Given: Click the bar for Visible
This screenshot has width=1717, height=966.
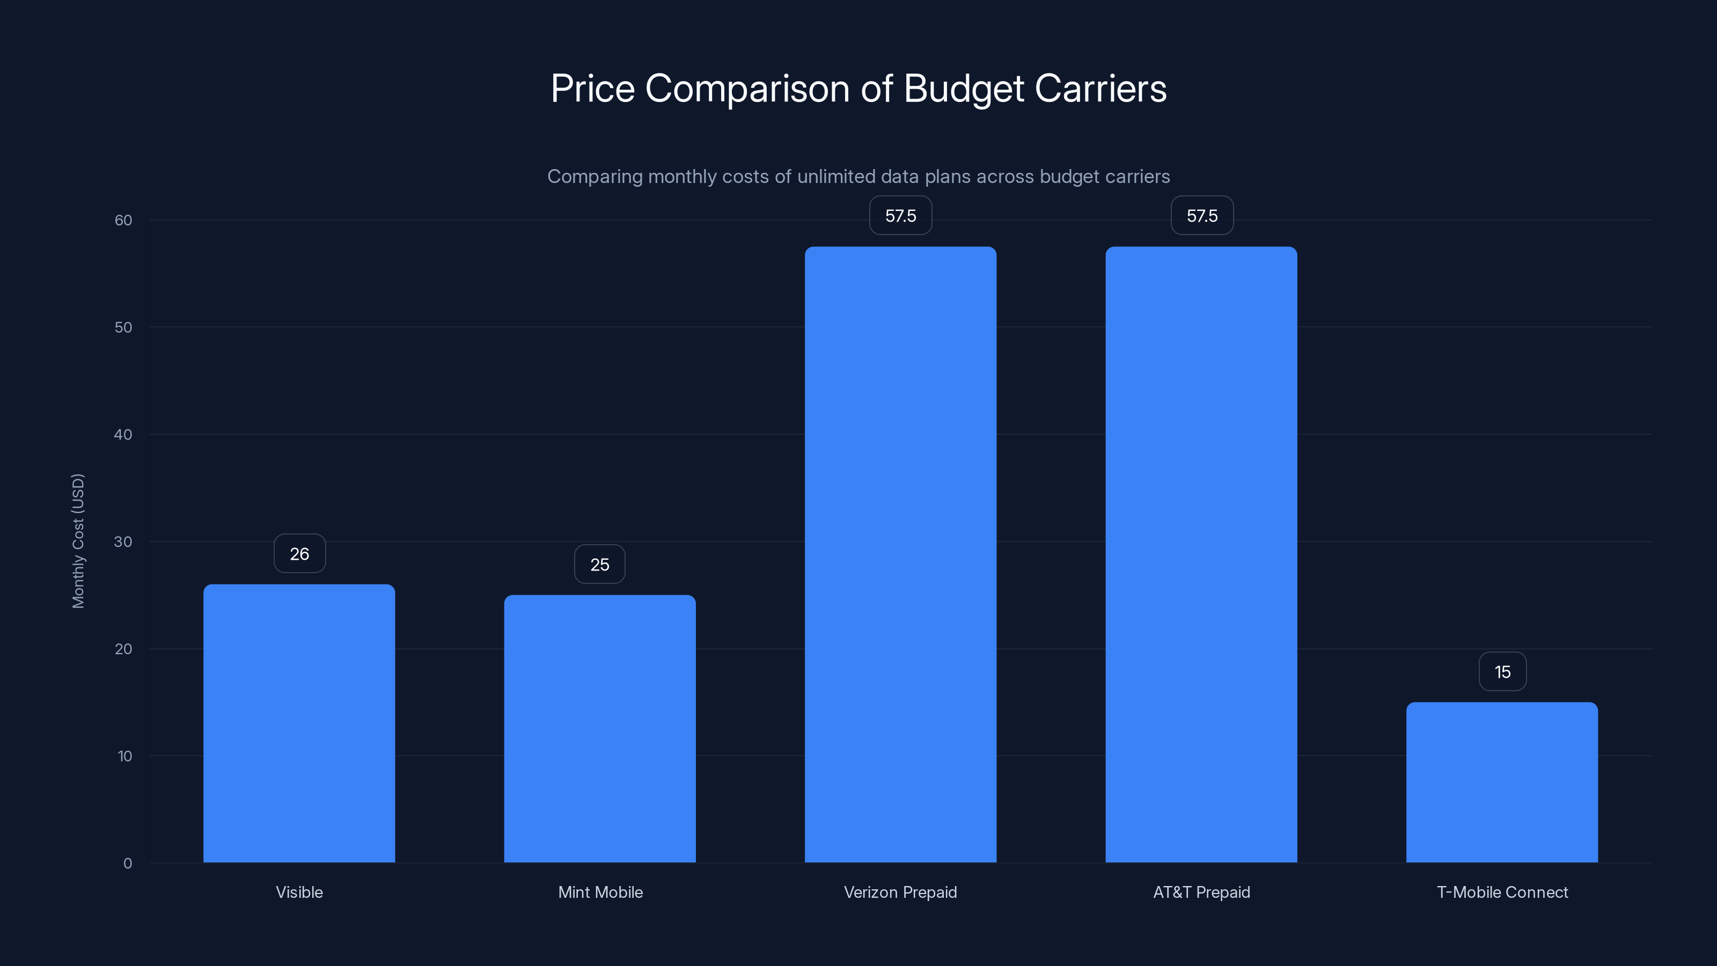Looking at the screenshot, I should [x=299, y=723].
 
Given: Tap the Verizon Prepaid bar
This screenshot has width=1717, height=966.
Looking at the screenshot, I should [x=900, y=555].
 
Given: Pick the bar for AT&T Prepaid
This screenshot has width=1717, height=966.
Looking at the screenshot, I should [x=1201, y=555].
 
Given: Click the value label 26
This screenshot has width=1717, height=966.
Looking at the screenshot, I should [x=299, y=553].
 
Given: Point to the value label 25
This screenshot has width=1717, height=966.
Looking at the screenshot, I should [x=599, y=565].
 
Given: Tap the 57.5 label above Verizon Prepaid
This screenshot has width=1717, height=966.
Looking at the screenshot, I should [x=900, y=215].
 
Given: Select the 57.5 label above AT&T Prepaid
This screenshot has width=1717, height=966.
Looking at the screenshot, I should [x=1202, y=215].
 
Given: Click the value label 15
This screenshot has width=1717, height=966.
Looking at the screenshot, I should [x=1502, y=672].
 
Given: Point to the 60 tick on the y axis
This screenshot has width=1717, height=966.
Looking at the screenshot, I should [x=123, y=220].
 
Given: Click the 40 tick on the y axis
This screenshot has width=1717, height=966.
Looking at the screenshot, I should [x=123, y=435].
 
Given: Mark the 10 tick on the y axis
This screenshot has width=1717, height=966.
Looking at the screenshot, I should [x=124, y=756].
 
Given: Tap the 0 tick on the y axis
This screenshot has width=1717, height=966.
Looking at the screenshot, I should [x=127, y=863].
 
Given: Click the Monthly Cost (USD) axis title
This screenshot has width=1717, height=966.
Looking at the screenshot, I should [x=78, y=540].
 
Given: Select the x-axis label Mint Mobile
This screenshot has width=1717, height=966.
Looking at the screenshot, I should [x=600, y=892].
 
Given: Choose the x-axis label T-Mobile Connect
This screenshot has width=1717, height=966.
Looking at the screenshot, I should [x=1502, y=892].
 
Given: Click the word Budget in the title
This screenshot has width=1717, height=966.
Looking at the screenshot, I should [x=963, y=89].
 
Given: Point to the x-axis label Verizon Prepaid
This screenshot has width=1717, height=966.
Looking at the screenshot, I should [x=900, y=892].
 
